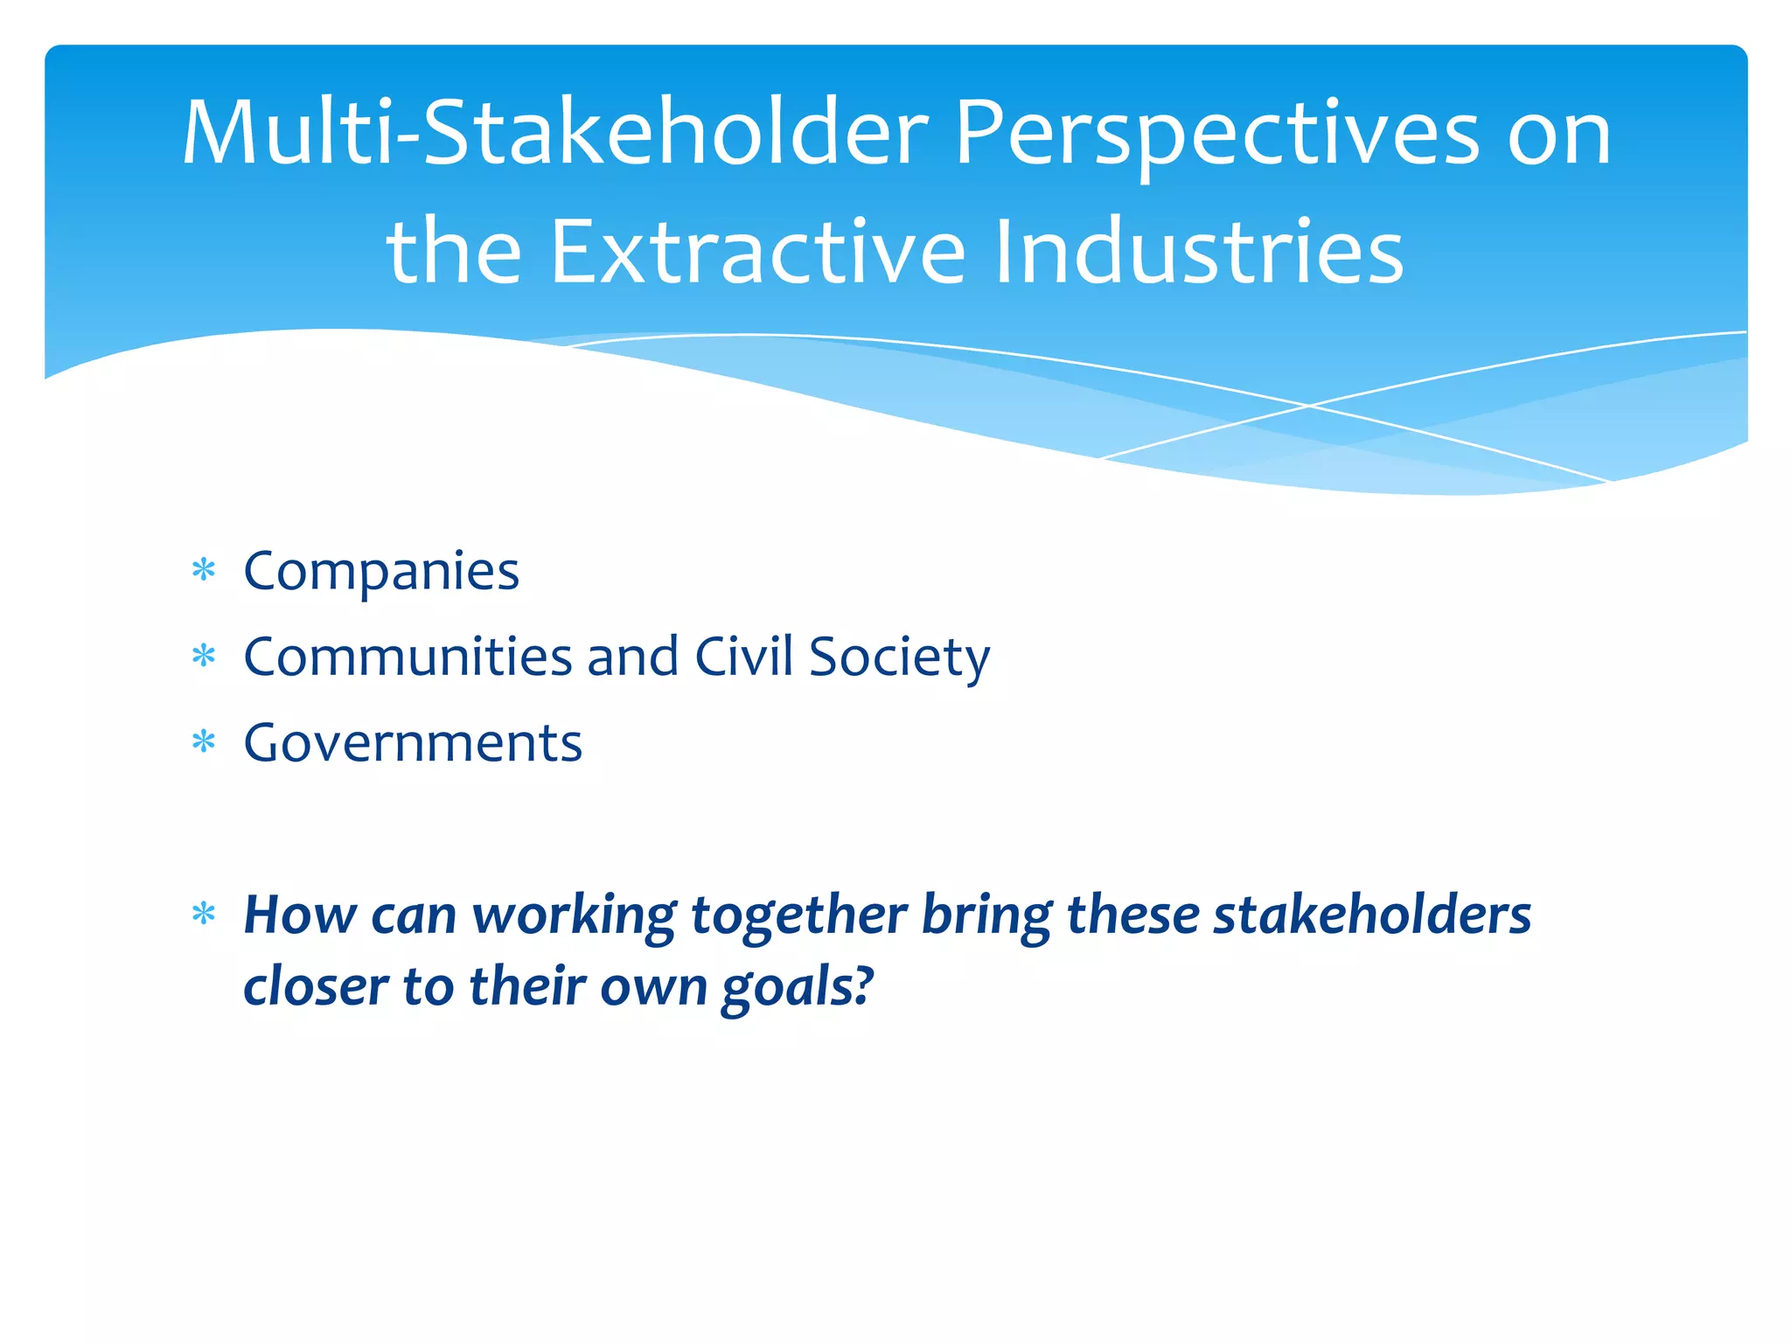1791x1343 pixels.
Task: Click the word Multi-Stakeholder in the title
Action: click(x=554, y=133)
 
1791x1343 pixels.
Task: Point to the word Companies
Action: click(x=381, y=572)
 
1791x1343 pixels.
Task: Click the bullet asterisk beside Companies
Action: click(x=204, y=572)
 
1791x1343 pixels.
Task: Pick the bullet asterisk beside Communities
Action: click(x=204, y=657)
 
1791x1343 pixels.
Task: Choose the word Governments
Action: click(x=413, y=743)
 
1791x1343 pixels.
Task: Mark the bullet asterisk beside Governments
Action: click(x=204, y=743)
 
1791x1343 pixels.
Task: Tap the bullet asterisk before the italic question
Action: click(x=204, y=915)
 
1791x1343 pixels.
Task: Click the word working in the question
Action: click(x=575, y=916)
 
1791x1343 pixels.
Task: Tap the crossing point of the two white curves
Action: click(x=1309, y=406)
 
